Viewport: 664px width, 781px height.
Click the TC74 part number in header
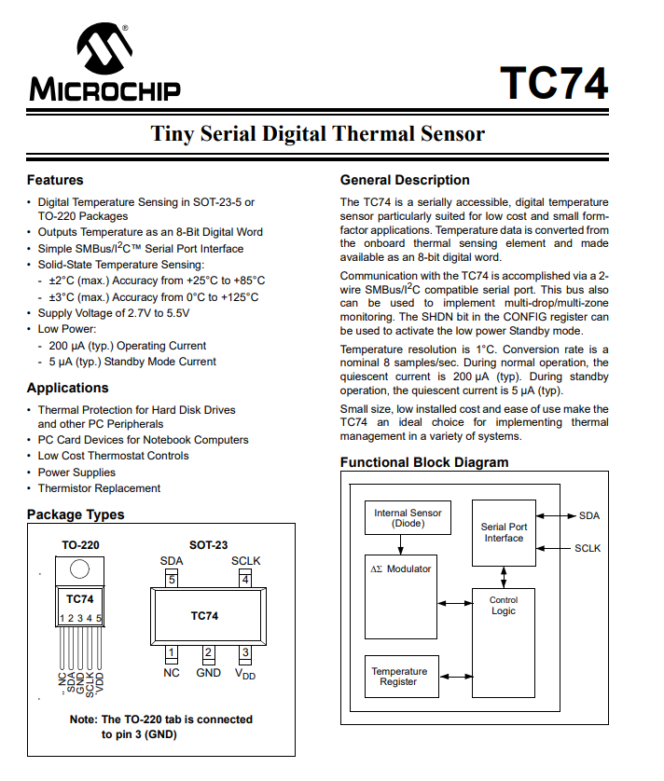click(554, 83)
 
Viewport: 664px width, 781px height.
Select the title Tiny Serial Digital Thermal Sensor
click(318, 134)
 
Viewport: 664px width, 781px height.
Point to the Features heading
click(55, 180)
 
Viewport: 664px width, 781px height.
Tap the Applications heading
click(67, 388)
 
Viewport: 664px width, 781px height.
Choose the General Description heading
click(405, 180)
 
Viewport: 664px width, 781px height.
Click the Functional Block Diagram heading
click(424, 462)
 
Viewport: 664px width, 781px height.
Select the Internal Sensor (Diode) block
click(408, 518)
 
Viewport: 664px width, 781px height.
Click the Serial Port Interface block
click(504, 532)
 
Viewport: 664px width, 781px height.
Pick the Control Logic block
click(504, 606)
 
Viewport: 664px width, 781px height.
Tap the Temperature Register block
click(399, 677)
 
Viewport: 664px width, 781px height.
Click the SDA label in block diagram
click(589, 515)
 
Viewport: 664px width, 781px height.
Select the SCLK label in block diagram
click(588, 548)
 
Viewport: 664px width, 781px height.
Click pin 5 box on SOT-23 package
click(172, 580)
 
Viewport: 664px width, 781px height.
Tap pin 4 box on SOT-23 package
click(245, 580)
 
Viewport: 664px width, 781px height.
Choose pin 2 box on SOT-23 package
click(209, 652)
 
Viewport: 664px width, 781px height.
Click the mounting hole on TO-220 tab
click(80, 569)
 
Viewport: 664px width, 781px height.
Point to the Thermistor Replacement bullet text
click(99, 488)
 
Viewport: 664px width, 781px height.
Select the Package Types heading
click(76, 514)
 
